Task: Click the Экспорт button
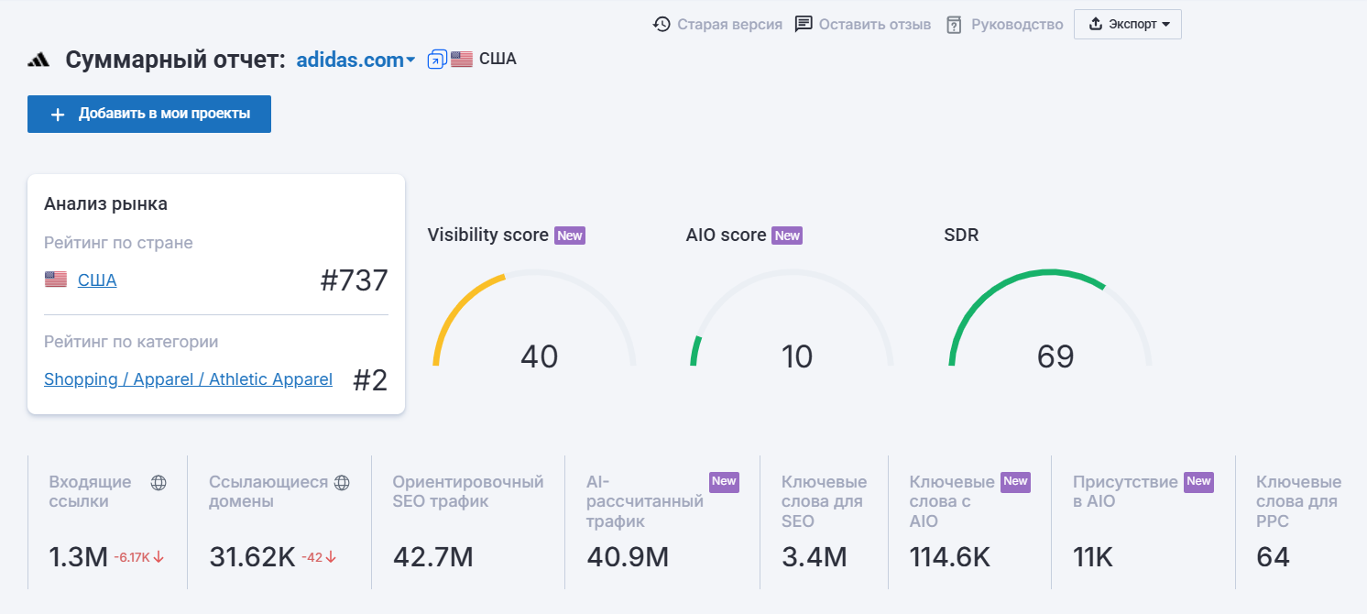click(1128, 24)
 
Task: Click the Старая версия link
click(717, 24)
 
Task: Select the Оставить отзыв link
click(862, 24)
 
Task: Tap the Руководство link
click(1004, 24)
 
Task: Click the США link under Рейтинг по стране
click(97, 280)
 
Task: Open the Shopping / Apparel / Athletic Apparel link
click(188, 379)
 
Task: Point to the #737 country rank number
click(354, 280)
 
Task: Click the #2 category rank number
click(370, 380)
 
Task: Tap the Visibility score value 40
click(539, 356)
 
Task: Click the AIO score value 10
click(797, 356)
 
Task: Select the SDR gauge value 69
click(1055, 356)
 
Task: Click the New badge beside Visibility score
click(570, 236)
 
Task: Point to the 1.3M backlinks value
click(79, 556)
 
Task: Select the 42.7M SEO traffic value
click(432, 556)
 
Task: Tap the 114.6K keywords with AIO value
click(949, 556)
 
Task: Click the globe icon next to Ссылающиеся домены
click(342, 482)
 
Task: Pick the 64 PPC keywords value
click(1273, 556)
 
